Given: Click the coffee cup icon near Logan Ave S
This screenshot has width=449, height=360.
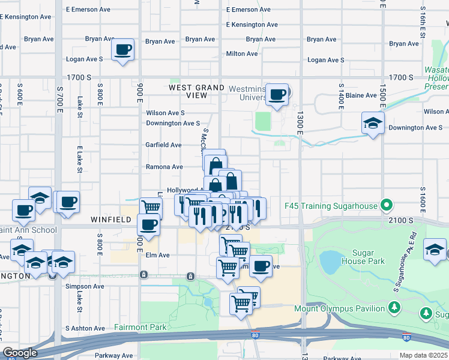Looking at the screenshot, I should [x=123, y=50].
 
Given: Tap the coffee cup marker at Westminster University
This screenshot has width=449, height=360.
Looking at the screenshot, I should [x=277, y=95].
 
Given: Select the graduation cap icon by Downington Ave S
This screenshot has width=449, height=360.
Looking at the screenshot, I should [x=373, y=124].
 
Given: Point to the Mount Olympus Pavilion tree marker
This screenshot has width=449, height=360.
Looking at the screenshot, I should [x=394, y=308].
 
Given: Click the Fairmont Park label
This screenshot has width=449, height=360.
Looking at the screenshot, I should [x=140, y=328].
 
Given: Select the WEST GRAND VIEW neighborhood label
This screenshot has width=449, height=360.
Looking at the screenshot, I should [x=196, y=91].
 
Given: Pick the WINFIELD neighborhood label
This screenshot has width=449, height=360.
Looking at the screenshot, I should [x=110, y=220].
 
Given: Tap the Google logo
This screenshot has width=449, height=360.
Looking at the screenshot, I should [x=20, y=353].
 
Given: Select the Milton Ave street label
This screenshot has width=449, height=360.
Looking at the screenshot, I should [x=242, y=53].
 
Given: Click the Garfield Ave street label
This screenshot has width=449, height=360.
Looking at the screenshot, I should [x=163, y=145].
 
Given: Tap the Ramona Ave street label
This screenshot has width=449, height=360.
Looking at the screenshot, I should [x=164, y=167].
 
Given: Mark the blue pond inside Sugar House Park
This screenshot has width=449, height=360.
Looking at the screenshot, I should [x=330, y=262].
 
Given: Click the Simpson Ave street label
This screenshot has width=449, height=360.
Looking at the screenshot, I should [x=85, y=286].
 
